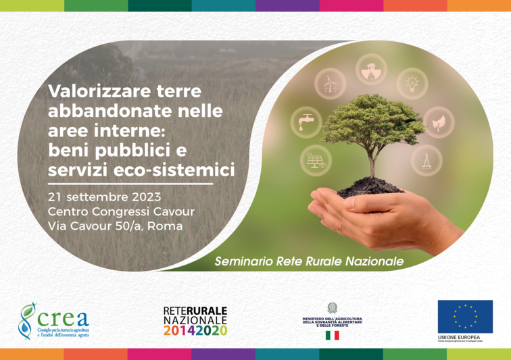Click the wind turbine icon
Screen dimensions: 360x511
pos(330,84)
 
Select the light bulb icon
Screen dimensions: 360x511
pos(412,83)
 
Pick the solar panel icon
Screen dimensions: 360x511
pos(315,160)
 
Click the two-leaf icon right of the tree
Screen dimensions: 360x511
pos(438,122)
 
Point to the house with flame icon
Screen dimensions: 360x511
pos(371,69)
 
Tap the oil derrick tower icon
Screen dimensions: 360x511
pos(426,160)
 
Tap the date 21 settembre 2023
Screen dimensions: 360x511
pos(104,197)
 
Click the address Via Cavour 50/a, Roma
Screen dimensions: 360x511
pos(115,226)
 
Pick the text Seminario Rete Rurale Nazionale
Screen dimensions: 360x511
pos(309,260)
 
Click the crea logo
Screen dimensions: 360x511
pos(53,320)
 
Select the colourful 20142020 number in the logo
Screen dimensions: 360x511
pos(195,330)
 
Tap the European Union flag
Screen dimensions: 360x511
pos(464,316)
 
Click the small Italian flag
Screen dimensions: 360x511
pos(333,335)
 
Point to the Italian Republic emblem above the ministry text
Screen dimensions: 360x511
pos(332,308)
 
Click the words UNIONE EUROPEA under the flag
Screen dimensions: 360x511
pos(459,337)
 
